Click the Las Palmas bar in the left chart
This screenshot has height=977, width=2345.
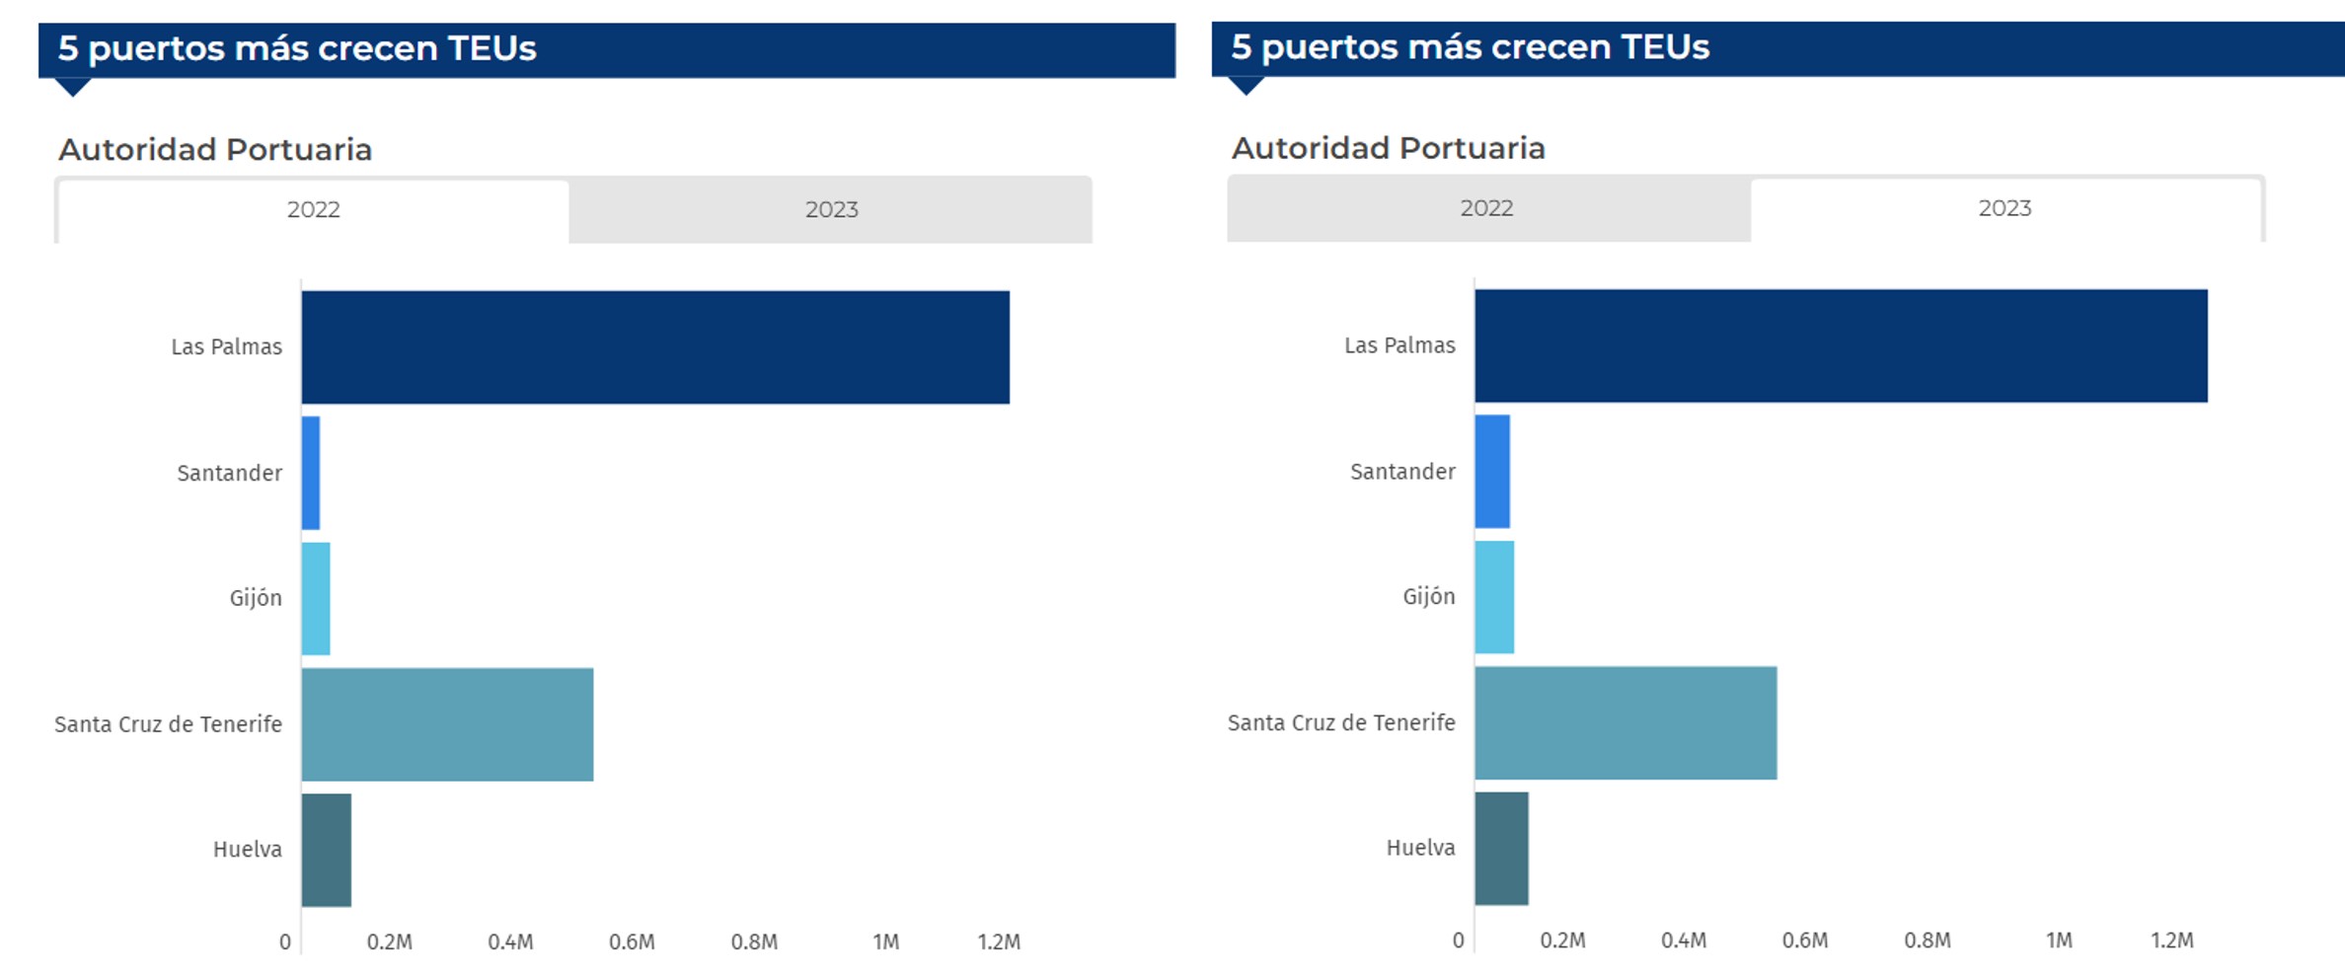655,346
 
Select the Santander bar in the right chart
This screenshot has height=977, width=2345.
1492,472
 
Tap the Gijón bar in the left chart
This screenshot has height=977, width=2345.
316,598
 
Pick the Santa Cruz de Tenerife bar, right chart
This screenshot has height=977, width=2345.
1626,722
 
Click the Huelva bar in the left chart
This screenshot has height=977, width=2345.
327,850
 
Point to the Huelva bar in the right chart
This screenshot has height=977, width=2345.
1501,848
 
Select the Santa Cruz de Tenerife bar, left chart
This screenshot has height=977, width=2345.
447,724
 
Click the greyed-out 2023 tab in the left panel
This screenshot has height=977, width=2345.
831,209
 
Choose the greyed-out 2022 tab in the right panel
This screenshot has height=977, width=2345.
1486,208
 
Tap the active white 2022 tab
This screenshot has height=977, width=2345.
313,209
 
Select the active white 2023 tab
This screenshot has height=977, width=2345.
2005,208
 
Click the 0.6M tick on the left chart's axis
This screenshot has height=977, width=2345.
632,941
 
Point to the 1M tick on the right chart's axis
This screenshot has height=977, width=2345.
2059,940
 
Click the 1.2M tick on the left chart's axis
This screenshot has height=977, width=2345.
999,941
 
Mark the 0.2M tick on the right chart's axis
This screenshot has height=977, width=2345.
1562,940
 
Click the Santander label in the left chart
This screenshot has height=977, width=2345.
229,473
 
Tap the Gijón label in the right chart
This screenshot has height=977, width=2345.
1428,596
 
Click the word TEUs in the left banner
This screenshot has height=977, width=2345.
492,48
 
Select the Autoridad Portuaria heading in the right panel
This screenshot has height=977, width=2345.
1388,148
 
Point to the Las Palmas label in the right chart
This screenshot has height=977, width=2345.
1399,345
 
